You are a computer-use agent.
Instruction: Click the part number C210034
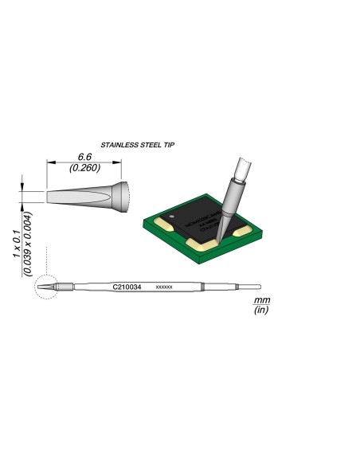coord(127,286)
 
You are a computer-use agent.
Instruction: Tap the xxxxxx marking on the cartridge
coord(164,286)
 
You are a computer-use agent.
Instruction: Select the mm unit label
coord(260,300)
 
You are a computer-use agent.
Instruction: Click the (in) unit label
coord(260,311)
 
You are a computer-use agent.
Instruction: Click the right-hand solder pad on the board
coord(242,231)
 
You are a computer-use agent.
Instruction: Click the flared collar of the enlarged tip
coord(117,197)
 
